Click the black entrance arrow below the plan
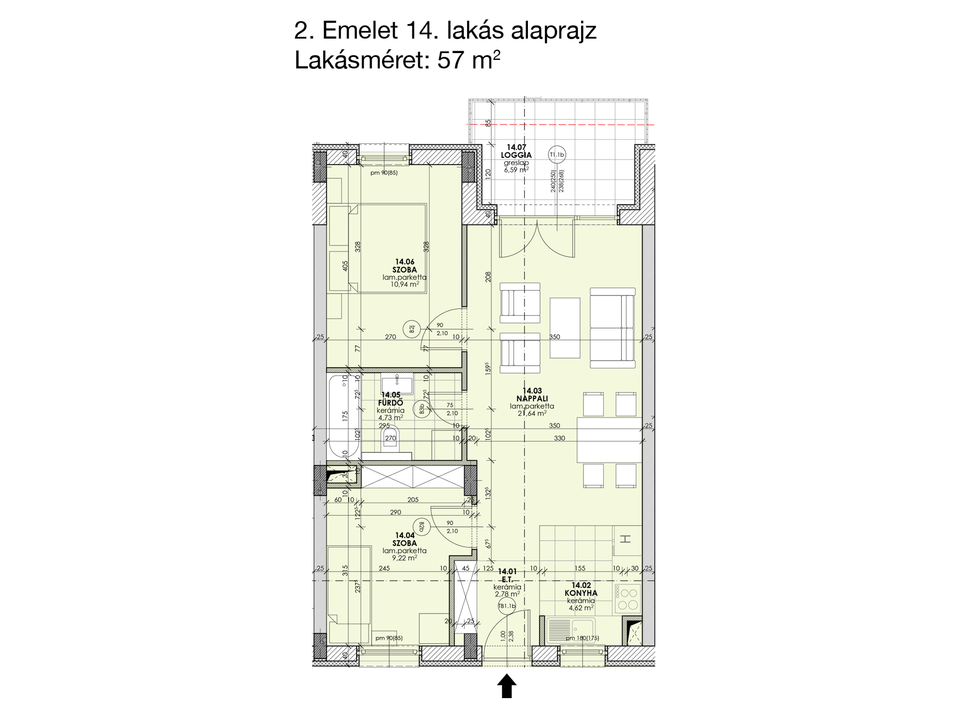(x=507, y=686)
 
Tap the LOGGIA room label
(x=516, y=155)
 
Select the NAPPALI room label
(x=532, y=399)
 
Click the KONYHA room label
(x=581, y=593)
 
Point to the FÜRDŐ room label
(x=390, y=403)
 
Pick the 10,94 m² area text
(x=405, y=285)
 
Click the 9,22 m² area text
(x=405, y=558)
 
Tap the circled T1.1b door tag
(x=557, y=155)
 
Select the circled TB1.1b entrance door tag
(x=507, y=606)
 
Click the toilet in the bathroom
(x=391, y=439)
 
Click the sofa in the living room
(x=612, y=328)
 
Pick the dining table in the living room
(x=610, y=439)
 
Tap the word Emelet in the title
(x=360, y=31)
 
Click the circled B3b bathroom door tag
(x=422, y=410)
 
